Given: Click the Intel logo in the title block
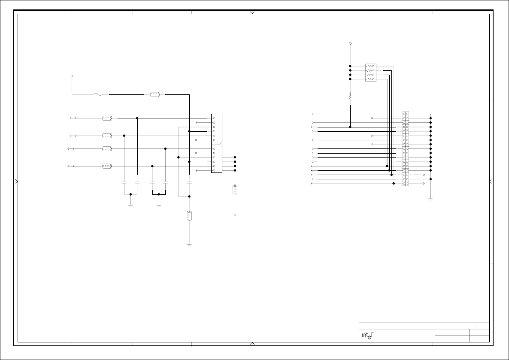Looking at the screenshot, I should tap(366, 335).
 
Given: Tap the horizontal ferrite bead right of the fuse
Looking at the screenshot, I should tap(155, 94).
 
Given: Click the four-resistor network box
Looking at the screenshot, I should tap(371, 73).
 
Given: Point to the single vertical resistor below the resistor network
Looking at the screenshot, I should tap(350, 95).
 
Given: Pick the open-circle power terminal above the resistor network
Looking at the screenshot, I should tap(350, 43).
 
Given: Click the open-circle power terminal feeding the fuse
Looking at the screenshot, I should tap(72, 76).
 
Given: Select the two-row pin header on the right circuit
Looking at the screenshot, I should tap(406, 148).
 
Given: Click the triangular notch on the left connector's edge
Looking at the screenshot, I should tap(221, 144).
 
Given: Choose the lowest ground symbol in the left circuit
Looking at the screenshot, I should tap(189, 245).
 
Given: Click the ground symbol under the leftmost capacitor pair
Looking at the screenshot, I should tap(130, 205).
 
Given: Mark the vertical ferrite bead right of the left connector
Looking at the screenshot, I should tap(235, 189).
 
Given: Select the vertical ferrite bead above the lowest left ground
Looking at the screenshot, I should tap(189, 216).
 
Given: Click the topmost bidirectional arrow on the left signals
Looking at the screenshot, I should tap(73, 118).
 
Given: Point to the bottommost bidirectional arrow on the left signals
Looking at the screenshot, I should tap(71, 166).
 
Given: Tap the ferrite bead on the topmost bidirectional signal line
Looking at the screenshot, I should tap(107, 118).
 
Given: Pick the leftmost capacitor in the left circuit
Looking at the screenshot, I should tap(124, 182).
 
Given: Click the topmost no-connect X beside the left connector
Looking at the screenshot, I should tap(196, 122).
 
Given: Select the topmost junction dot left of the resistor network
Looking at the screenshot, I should tap(350, 66).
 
